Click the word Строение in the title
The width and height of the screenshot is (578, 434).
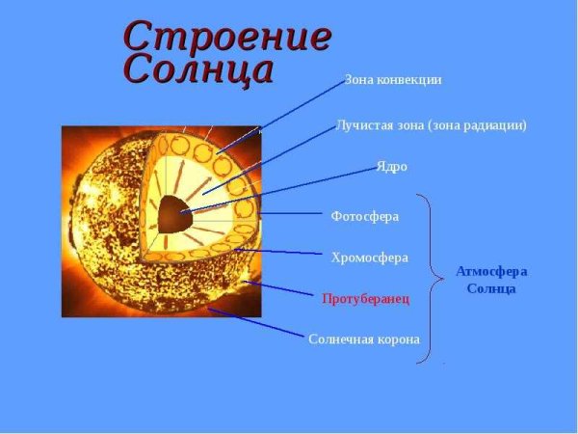click(227, 37)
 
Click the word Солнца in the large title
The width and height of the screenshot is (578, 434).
click(198, 69)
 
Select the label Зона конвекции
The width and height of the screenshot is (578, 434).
click(393, 80)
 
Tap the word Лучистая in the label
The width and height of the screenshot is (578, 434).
click(361, 125)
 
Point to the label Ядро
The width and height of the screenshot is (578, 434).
click(392, 167)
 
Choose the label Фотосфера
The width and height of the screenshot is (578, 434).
click(364, 216)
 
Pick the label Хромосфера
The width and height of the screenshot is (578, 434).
click(370, 258)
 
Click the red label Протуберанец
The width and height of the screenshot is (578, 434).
click(365, 299)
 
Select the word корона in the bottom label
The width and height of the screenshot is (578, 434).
click(396, 339)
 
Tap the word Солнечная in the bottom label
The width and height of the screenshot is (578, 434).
click(338, 339)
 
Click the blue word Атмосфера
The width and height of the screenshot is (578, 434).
click(491, 271)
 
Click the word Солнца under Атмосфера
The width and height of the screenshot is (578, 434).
click(491, 288)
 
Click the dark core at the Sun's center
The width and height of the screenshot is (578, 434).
click(173, 211)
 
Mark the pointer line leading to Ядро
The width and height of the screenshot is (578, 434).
click(279, 189)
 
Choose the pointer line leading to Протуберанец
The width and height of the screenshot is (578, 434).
click(279, 290)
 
